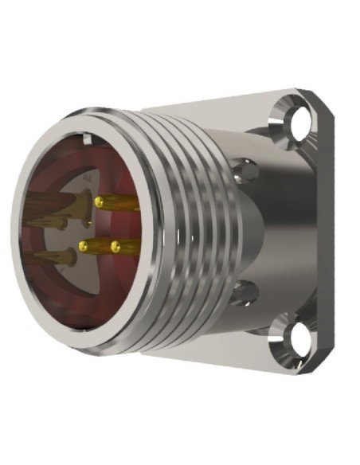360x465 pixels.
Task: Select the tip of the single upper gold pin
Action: (x=100, y=203)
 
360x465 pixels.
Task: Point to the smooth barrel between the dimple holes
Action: (x=255, y=231)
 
